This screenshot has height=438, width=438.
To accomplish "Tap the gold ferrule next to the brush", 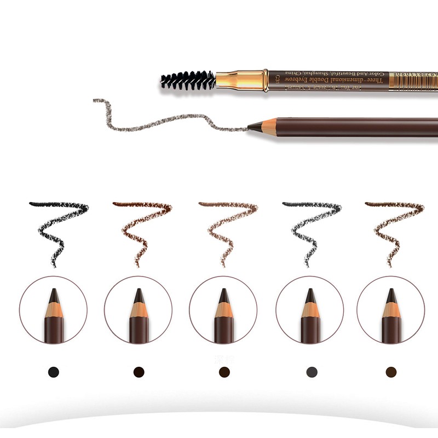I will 241,79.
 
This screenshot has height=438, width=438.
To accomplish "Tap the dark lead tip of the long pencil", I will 252,127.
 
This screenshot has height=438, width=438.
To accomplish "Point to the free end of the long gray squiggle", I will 95,100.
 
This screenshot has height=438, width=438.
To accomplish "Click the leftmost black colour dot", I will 53,372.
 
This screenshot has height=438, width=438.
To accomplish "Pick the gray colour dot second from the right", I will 309,372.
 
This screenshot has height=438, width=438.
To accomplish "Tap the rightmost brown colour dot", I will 391,372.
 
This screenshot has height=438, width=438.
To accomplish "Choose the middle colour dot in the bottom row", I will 224,372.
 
